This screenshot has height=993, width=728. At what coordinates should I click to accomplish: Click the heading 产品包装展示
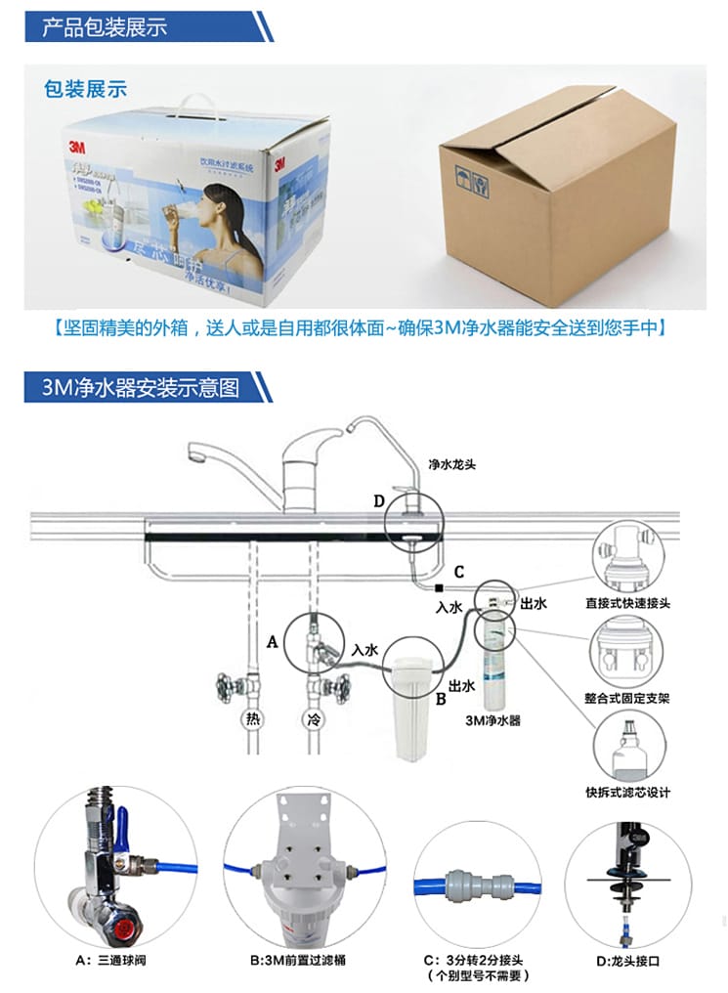point(105,26)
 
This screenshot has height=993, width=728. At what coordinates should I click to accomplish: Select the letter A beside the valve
point(273,641)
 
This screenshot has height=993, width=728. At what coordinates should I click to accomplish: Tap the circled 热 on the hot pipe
point(252,721)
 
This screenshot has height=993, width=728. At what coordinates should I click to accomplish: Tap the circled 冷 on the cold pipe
point(314,721)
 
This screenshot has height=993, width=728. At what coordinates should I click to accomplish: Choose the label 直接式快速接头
point(627,604)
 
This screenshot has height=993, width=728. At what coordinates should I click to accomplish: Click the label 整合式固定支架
point(627,699)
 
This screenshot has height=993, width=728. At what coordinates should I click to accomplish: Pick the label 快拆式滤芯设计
point(627,792)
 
